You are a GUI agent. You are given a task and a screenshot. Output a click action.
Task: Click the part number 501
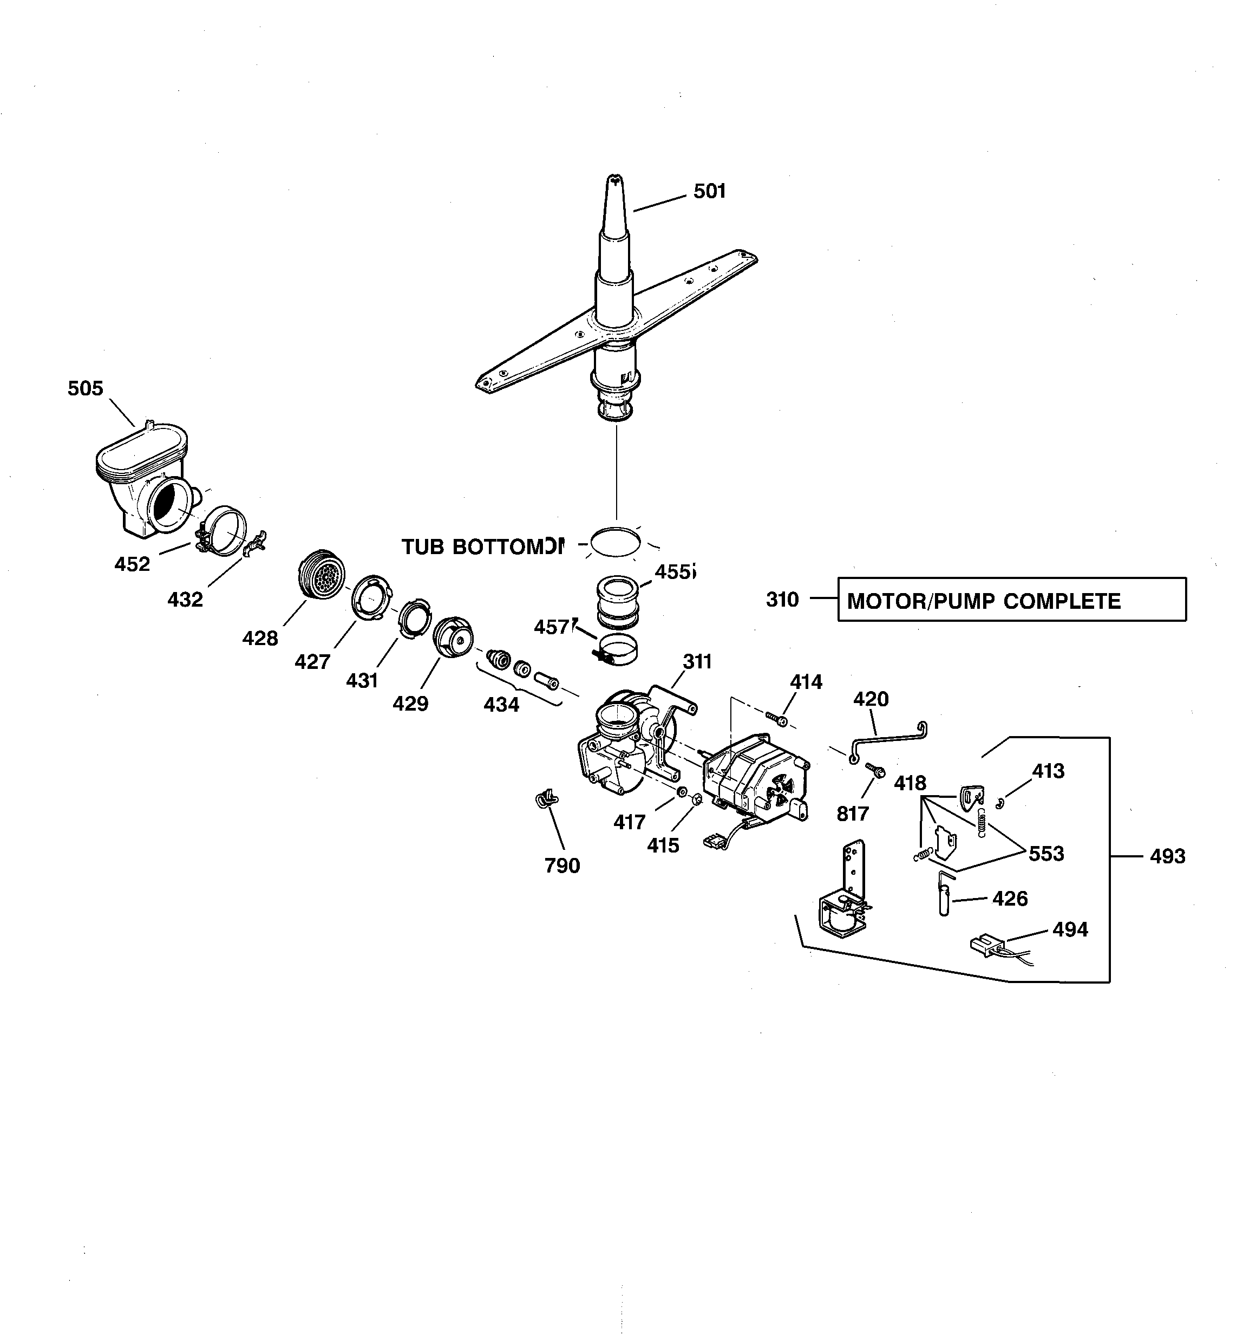tap(710, 191)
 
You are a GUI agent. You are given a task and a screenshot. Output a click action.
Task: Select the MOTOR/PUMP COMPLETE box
tap(1011, 599)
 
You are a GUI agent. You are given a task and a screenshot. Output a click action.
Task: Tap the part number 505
tap(86, 388)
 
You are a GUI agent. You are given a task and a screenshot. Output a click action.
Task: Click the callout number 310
tap(782, 599)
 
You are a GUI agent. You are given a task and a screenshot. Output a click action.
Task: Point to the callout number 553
tap(1046, 853)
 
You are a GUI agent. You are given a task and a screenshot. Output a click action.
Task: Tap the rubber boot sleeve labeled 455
tap(616, 600)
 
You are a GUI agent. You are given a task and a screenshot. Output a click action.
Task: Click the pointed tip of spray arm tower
tap(614, 181)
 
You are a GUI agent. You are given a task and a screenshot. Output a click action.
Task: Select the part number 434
tap(501, 704)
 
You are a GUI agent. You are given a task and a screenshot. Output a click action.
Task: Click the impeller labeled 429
tap(452, 637)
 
